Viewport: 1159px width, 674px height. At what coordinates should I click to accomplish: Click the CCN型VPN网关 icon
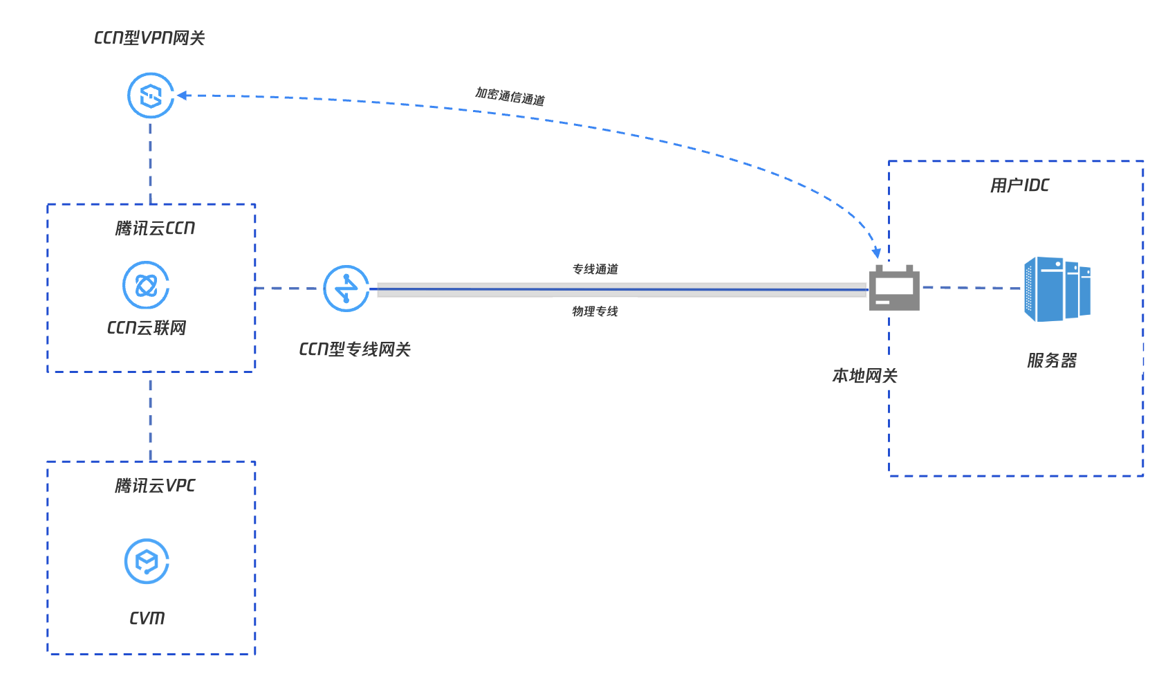point(151,95)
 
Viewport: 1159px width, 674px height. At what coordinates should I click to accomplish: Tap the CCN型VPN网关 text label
point(149,38)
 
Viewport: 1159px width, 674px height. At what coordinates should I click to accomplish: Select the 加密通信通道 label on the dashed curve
point(510,96)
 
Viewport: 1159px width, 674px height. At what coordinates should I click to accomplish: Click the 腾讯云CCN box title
point(155,228)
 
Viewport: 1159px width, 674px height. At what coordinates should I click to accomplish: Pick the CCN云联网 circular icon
point(146,285)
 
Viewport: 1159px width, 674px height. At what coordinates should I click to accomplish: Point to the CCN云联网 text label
point(147,328)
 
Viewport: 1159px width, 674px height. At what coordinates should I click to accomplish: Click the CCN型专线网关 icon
point(346,289)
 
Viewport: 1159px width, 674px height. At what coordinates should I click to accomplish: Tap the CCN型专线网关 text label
point(355,349)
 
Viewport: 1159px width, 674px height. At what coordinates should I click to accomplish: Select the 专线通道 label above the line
point(595,269)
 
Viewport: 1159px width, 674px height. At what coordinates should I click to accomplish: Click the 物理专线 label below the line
point(595,311)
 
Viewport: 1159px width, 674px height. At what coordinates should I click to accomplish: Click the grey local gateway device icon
point(894,289)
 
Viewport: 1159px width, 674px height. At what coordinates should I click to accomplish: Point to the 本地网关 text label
point(864,376)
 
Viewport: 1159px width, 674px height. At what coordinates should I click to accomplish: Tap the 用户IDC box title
point(1019,185)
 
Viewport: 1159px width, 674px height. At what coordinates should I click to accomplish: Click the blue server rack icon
point(1057,289)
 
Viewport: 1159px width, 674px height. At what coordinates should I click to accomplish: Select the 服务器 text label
point(1052,361)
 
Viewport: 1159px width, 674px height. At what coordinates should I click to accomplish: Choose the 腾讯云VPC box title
point(155,486)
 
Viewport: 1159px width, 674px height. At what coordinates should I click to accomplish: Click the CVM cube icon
point(147,561)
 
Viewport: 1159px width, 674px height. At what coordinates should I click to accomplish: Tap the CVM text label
point(147,618)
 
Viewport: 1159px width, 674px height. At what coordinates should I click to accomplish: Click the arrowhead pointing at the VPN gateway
point(182,95)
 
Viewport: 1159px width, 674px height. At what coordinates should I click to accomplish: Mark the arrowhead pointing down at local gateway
point(877,253)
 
